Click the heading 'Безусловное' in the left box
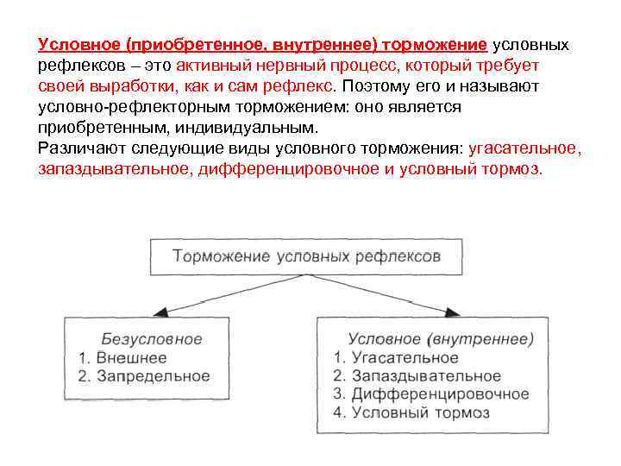pyautogui.click(x=152, y=339)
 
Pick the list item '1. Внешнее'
pyautogui.click(x=122, y=357)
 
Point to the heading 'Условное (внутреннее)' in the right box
pyautogui.click(x=441, y=339)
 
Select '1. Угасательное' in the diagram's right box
pyautogui.click(x=396, y=357)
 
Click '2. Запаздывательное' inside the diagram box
pyautogui.click(x=417, y=376)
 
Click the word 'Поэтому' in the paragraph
pyautogui.click(x=375, y=86)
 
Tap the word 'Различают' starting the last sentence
pyautogui.click(x=75, y=148)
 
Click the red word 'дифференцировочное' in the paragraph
pyautogui.click(x=289, y=169)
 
